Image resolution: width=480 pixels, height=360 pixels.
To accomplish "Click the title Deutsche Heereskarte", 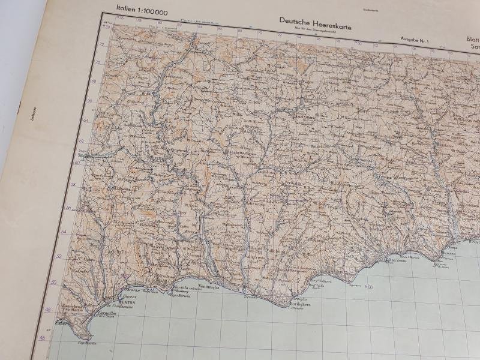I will (315, 20).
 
